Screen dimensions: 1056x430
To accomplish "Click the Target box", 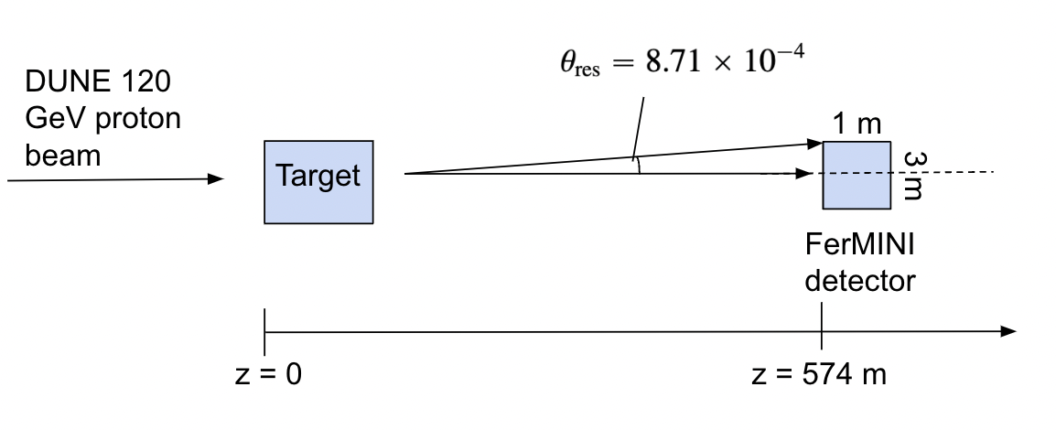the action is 318,181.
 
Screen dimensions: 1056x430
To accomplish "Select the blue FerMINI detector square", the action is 857,176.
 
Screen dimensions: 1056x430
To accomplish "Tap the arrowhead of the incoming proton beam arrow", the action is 216,179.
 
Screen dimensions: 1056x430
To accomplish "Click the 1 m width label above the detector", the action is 857,125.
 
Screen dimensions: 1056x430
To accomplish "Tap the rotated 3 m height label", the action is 912,175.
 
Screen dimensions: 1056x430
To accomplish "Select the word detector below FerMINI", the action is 859,279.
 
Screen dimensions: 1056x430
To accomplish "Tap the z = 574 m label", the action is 817,375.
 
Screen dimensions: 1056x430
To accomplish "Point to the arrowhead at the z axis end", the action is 1008,330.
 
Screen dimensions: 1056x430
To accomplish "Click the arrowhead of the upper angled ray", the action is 815,143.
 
